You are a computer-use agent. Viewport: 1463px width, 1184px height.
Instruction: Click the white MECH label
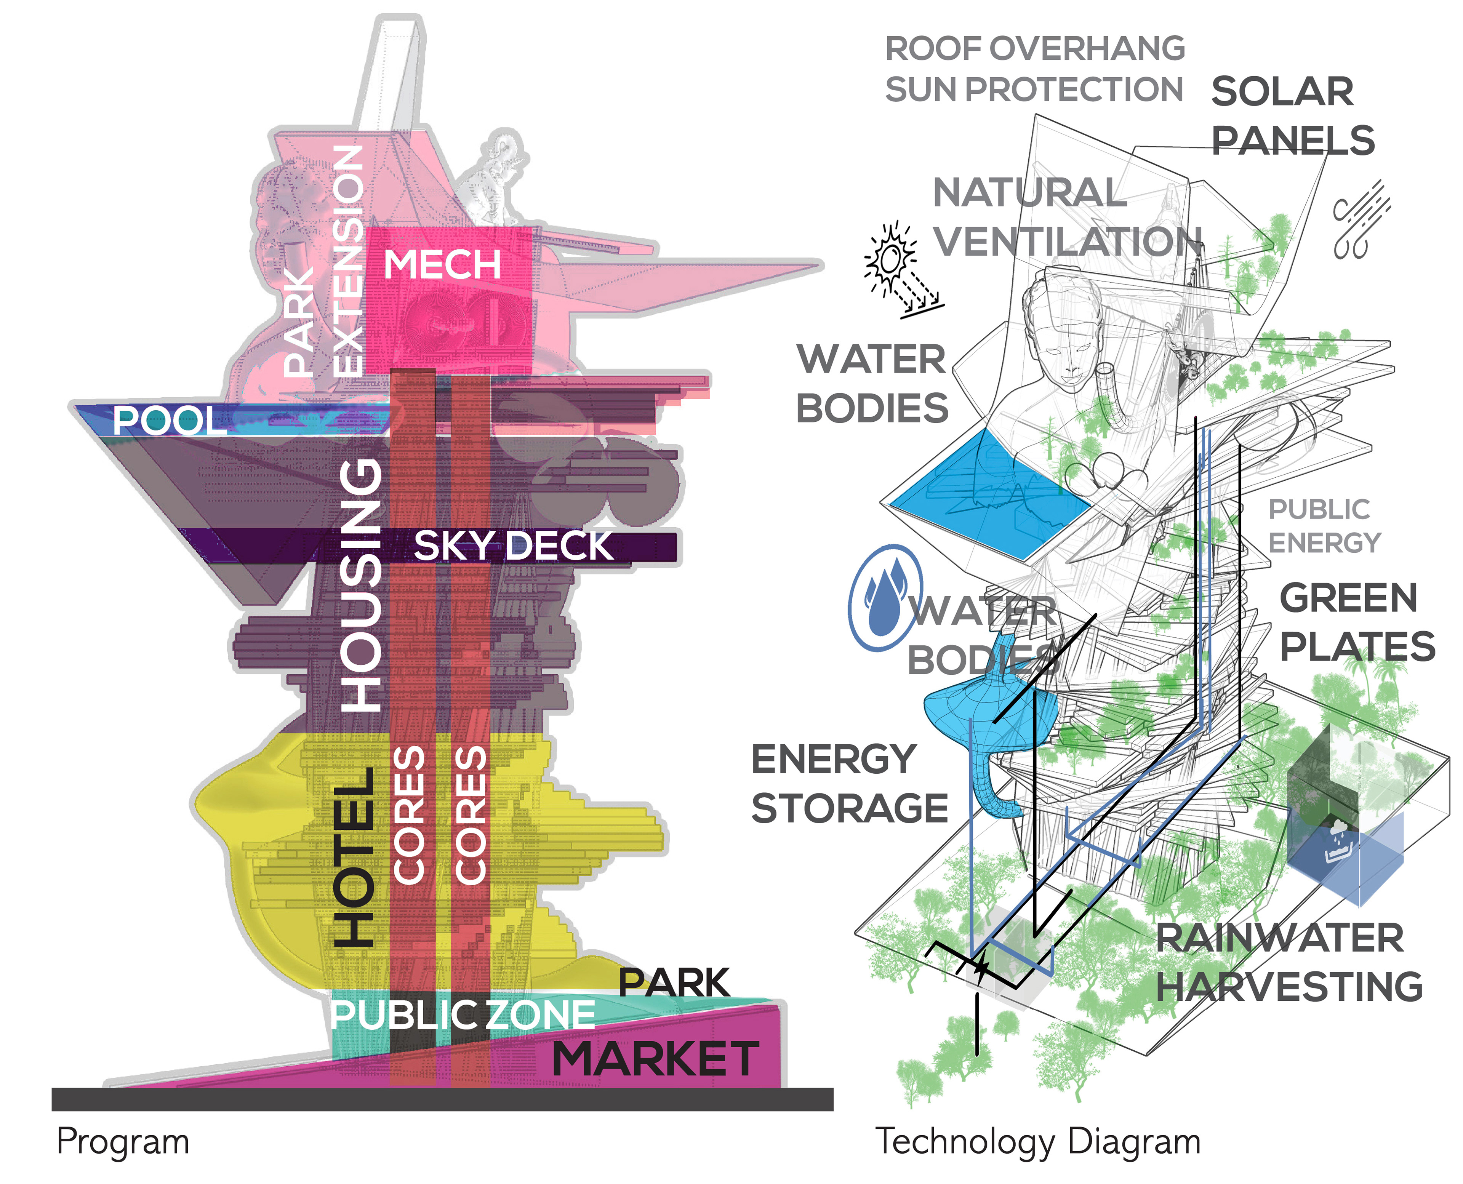(x=442, y=265)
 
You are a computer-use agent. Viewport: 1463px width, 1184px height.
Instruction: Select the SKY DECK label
(x=513, y=546)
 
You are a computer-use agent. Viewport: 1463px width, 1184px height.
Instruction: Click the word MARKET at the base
(x=655, y=1059)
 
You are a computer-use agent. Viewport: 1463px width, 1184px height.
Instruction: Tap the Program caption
(x=123, y=1142)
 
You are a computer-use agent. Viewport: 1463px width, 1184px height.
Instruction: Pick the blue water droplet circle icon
(x=885, y=597)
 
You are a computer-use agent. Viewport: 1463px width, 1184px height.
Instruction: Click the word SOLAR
(x=1282, y=92)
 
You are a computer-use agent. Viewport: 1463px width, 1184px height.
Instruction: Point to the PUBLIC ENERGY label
(x=1323, y=526)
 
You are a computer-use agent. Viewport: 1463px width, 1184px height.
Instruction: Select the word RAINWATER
(x=1279, y=938)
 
